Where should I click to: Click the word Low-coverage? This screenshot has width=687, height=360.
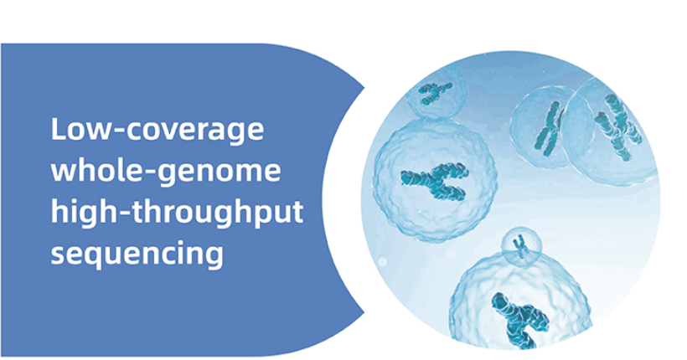pyautogui.click(x=158, y=130)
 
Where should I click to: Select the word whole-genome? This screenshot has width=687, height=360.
pyautogui.click(x=166, y=171)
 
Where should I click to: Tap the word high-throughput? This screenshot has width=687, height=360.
pyautogui.click(x=177, y=213)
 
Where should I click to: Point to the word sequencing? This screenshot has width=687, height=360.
pyautogui.click(x=137, y=254)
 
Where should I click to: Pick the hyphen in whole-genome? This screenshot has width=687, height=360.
pyautogui.click(x=147, y=172)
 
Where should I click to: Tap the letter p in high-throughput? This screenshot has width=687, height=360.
pyautogui.click(x=256, y=215)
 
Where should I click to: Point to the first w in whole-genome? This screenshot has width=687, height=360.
pyautogui.click(x=64, y=173)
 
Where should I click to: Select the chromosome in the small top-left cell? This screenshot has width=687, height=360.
pyautogui.click(x=434, y=92)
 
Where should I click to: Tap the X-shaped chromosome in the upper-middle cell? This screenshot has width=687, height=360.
pyautogui.click(x=549, y=128)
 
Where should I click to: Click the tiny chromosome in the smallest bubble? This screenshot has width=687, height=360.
pyautogui.click(x=520, y=246)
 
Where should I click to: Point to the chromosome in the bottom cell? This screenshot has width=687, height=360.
pyautogui.click(x=519, y=320)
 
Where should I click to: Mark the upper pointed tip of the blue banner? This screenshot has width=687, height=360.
pyautogui.click(x=364, y=88)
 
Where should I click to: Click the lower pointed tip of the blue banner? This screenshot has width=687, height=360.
pyautogui.click(x=364, y=312)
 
